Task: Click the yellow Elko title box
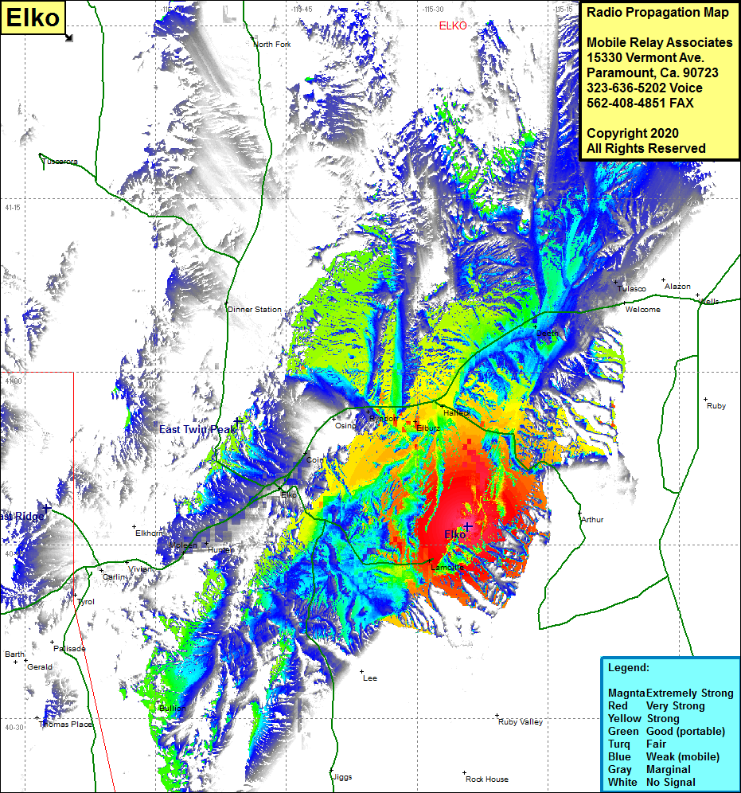(x=33, y=17)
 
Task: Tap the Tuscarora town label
(x=60, y=162)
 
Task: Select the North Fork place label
(x=272, y=45)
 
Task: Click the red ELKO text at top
(x=453, y=26)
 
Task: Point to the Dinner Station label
(x=255, y=309)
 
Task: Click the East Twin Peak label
(x=197, y=429)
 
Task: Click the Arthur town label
(x=592, y=520)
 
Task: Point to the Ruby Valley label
(x=521, y=722)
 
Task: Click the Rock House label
(x=487, y=779)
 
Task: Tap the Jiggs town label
(x=341, y=776)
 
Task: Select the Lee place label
(x=370, y=678)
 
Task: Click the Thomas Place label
(x=66, y=725)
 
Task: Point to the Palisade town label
(x=71, y=649)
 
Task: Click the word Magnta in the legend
(x=626, y=693)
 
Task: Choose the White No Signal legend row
(x=653, y=782)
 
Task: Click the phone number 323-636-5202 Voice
(x=644, y=88)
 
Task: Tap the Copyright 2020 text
(x=632, y=133)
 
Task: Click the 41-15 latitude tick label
(x=13, y=207)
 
